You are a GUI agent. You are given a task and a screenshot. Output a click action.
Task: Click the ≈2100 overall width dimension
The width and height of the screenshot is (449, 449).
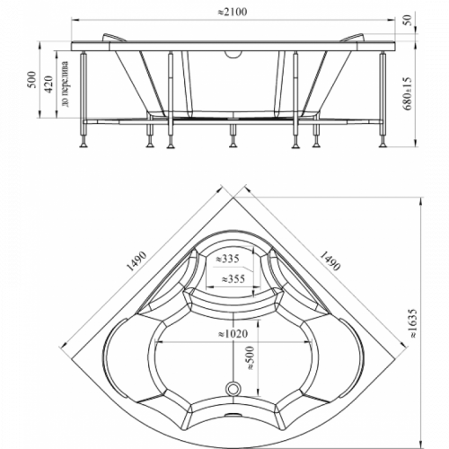click(232, 12)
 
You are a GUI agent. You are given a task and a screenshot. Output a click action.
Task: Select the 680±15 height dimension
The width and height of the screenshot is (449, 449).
click(408, 93)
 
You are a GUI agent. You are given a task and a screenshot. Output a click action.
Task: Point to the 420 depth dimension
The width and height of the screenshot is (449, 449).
click(48, 84)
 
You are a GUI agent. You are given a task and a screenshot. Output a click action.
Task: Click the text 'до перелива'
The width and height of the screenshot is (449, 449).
click(65, 84)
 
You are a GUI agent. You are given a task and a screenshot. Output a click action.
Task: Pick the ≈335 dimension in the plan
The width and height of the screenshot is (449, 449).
click(228, 259)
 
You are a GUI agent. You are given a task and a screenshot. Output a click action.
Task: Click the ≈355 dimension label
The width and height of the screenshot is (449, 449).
click(233, 278)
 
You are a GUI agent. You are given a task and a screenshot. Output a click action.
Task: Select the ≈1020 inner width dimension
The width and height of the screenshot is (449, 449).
click(233, 333)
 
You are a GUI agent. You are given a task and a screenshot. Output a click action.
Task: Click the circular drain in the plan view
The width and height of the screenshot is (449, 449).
click(233, 389)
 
